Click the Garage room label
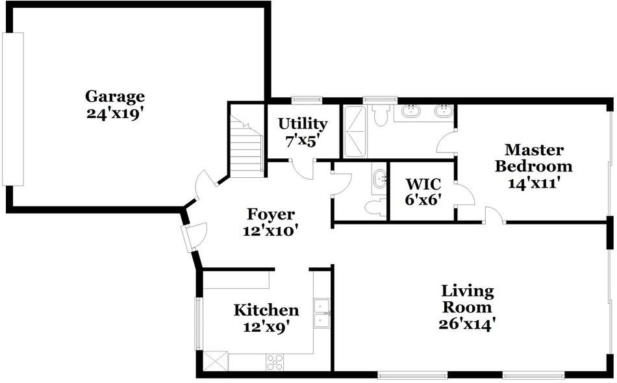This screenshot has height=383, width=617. click(115, 97)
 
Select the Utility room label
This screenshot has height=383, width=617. click(303, 123)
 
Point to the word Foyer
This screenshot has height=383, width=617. click(271, 214)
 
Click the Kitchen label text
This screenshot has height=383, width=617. click(266, 310)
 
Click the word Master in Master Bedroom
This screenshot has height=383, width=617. click(534, 150)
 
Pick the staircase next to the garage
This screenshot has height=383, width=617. click(247, 149)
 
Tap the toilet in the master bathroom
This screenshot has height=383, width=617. click(381, 114)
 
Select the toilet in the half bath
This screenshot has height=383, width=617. click(374, 207)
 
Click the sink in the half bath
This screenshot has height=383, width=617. click(380, 178)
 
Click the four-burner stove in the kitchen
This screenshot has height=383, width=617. click(275, 362)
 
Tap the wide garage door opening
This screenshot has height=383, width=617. click(13, 109)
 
